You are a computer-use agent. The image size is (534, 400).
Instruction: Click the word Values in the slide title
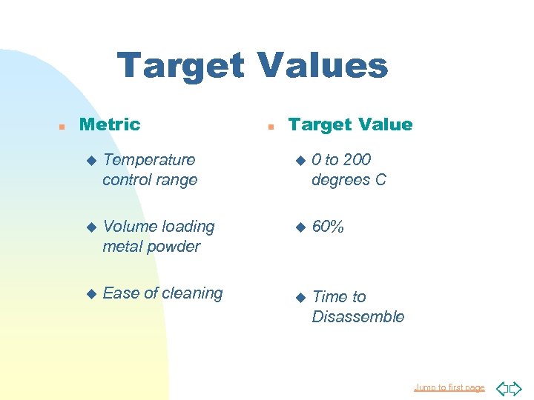[322, 65]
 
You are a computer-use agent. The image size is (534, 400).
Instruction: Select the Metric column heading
[109, 124]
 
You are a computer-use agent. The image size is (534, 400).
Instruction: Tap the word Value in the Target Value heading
[381, 124]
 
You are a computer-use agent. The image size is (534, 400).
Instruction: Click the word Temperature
[149, 159]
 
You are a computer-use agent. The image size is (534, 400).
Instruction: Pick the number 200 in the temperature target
[357, 159]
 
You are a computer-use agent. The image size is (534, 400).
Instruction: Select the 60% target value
[328, 227]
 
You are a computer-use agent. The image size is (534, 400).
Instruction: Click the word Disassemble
[358, 317]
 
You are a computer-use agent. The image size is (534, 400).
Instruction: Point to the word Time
[329, 297]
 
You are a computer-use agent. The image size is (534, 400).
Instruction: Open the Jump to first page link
[449, 387]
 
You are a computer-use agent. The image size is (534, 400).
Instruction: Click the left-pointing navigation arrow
[501, 387]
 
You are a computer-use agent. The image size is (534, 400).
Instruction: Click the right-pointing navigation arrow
[516, 387]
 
